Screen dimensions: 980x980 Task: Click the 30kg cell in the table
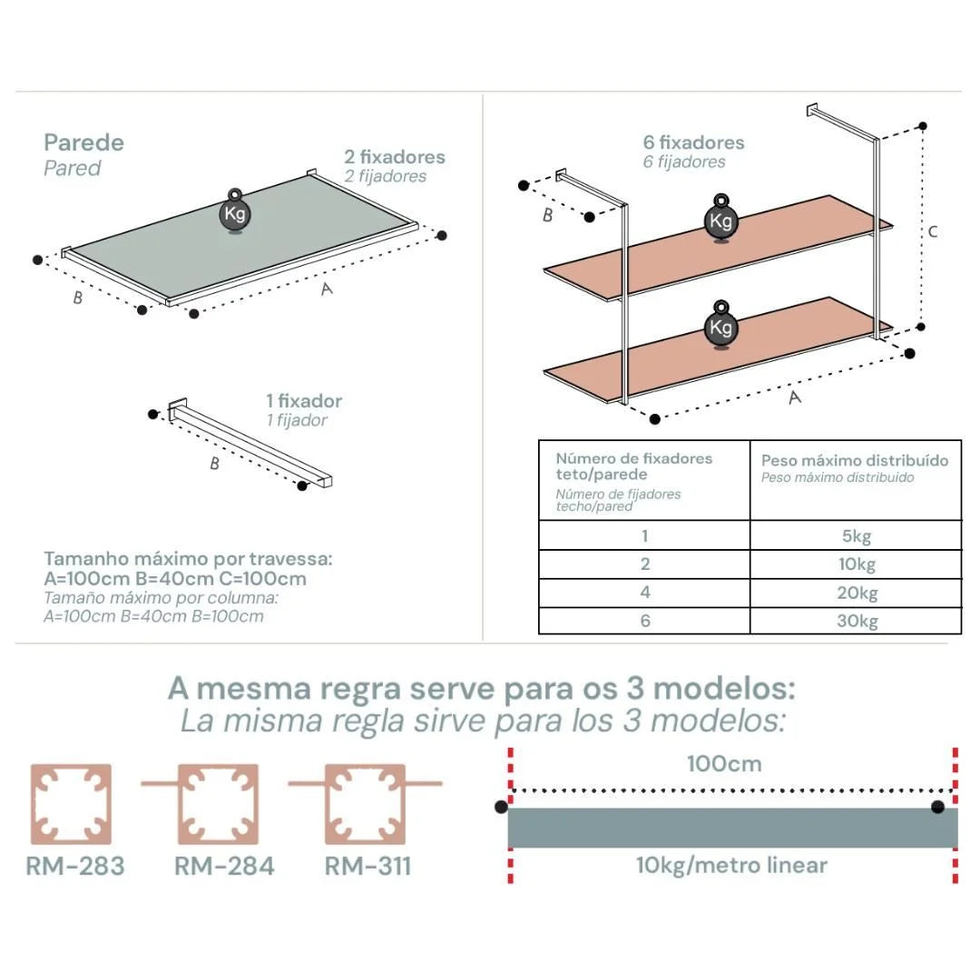[x=857, y=622]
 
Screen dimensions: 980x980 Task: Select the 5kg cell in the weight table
[x=857, y=536]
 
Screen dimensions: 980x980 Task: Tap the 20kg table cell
[x=857, y=593]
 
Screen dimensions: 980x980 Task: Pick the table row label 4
[x=644, y=593]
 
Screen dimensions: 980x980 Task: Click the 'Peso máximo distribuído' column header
[x=855, y=460]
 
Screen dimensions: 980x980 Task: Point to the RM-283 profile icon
[x=71, y=805]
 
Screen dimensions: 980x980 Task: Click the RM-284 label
[x=223, y=866]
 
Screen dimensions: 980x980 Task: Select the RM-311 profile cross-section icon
[x=365, y=805]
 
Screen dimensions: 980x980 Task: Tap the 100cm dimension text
[x=723, y=763]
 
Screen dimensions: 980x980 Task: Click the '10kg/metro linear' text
[x=731, y=865]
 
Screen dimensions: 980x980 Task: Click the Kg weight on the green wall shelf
[x=234, y=214]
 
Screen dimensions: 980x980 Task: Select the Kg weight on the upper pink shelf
[x=721, y=220]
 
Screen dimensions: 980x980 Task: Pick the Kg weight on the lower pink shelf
[x=721, y=326]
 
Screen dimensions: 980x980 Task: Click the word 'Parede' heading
[x=83, y=142]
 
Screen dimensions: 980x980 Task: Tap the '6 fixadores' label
[x=693, y=142]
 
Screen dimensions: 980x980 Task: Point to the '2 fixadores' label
[x=395, y=156]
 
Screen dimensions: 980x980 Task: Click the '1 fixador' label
[x=304, y=401]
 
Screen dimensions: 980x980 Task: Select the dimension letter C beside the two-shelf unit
[x=932, y=231]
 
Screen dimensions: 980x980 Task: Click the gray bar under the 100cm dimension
[x=731, y=828]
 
